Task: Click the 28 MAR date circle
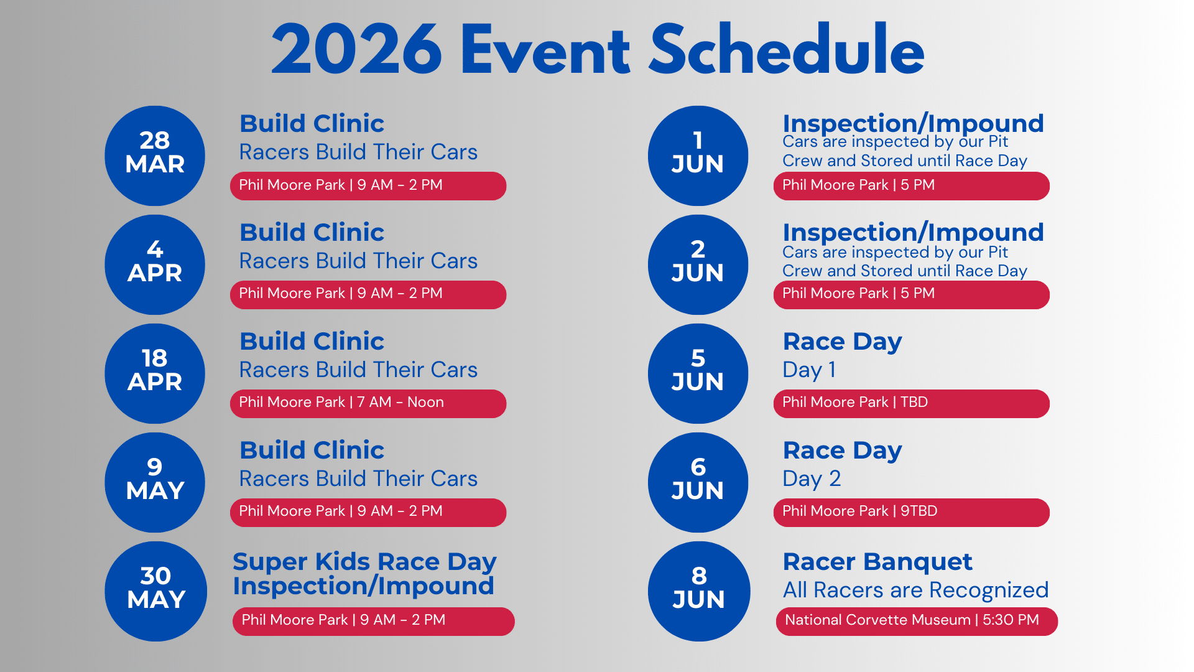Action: point(155,156)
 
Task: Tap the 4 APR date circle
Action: point(155,264)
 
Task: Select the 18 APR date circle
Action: point(155,373)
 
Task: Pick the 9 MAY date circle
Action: point(155,482)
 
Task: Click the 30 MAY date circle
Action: point(155,591)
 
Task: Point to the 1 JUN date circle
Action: point(698,156)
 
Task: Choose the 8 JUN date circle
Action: point(698,591)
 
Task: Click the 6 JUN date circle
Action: point(698,482)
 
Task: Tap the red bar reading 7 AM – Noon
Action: point(368,403)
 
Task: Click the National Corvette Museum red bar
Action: point(917,621)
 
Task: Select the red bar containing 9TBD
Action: point(911,512)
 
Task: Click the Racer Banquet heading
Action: point(877,562)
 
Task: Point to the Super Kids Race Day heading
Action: point(364,562)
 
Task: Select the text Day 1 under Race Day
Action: point(809,370)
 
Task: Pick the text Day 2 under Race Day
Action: point(812,478)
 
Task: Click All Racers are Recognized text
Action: point(915,590)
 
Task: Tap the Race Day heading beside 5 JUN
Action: point(842,342)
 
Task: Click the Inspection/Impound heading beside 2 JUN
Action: point(913,233)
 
